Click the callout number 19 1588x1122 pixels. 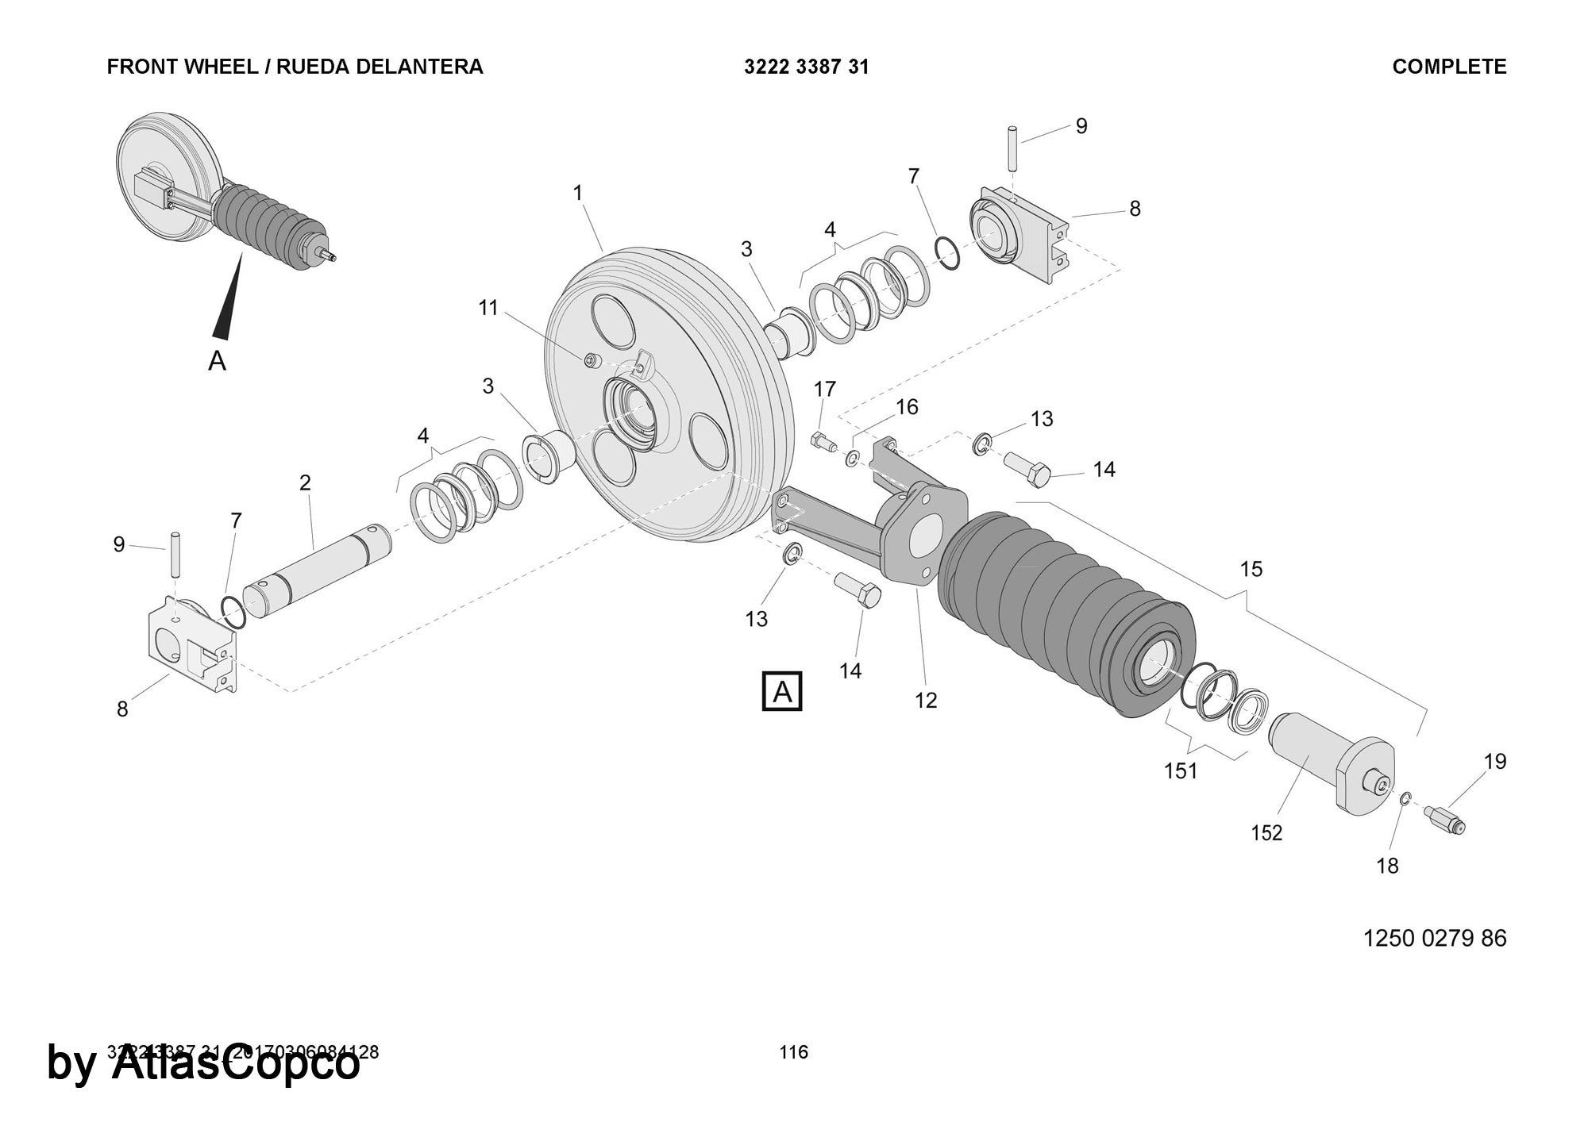click(x=1495, y=762)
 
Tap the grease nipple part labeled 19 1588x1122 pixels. click(x=1444, y=819)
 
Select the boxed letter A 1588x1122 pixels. click(x=782, y=692)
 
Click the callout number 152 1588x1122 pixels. click(x=1266, y=833)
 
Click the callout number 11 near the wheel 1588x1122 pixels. click(x=488, y=308)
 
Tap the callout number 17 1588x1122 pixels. click(x=825, y=389)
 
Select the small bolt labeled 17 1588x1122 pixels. click(x=822, y=441)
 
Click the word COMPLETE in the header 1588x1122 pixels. click(x=1449, y=67)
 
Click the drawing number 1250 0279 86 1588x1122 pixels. click(x=1435, y=938)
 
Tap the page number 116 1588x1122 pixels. click(x=793, y=1052)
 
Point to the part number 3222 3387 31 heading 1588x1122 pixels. click(x=806, y=67)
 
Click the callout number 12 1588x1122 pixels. click(x=926, y=701)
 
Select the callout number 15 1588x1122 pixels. click(x=1251, y=569)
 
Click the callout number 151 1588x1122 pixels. click(x=1181, y=770)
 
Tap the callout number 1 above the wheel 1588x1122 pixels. click(x=578, y=193)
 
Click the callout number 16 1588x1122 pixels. click(x=907, y=407)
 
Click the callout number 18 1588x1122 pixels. click(x=1387, y=866)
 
